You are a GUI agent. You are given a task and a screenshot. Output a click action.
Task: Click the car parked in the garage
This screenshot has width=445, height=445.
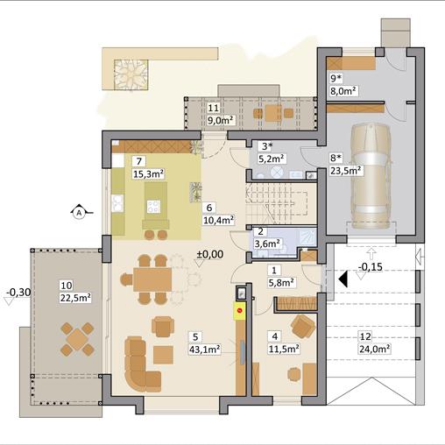tap(371, 176)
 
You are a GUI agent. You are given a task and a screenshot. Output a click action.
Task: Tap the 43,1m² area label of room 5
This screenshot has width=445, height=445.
tap(205, 350)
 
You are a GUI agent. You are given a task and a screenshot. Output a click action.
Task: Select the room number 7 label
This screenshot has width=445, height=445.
tap(139, 161)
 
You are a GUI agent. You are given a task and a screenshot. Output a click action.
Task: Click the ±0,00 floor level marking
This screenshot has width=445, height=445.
tap(210, 254)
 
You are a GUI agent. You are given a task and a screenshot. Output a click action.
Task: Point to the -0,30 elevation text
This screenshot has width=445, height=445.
tap(18, 292)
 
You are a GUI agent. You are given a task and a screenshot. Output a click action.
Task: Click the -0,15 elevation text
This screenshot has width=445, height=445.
tap(370, 266)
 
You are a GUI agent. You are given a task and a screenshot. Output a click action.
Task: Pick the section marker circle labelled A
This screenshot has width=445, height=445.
tap(79, 213)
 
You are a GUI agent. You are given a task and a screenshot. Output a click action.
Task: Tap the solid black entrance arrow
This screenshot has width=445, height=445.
tap(343, 279)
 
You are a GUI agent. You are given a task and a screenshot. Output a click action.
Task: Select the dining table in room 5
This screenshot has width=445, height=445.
tap(152, 279)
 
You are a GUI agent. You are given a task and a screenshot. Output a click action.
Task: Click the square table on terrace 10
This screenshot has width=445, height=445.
tap(77, 339)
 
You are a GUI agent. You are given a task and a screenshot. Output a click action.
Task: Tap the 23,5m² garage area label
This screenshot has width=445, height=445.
tap(346, 170)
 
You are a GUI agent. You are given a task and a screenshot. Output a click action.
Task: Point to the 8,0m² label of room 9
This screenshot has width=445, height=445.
tap(343, 91)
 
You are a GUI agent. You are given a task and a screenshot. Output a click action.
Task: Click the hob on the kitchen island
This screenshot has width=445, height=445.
tap(153, 207)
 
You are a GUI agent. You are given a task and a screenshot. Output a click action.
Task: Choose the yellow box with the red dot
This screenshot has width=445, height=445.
tap(240, 311)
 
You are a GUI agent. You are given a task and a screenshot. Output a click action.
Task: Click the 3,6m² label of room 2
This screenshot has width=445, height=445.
tap(267, 244)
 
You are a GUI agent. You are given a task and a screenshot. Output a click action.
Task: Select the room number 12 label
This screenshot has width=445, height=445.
tap(365, 336)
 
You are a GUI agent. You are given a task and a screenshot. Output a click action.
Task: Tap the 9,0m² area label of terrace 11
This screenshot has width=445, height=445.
tap(220, 120)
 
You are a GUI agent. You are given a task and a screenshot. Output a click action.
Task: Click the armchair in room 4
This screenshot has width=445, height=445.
tap(303, 326)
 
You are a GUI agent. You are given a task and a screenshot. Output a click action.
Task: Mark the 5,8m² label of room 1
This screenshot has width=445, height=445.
tap(281, 282)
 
